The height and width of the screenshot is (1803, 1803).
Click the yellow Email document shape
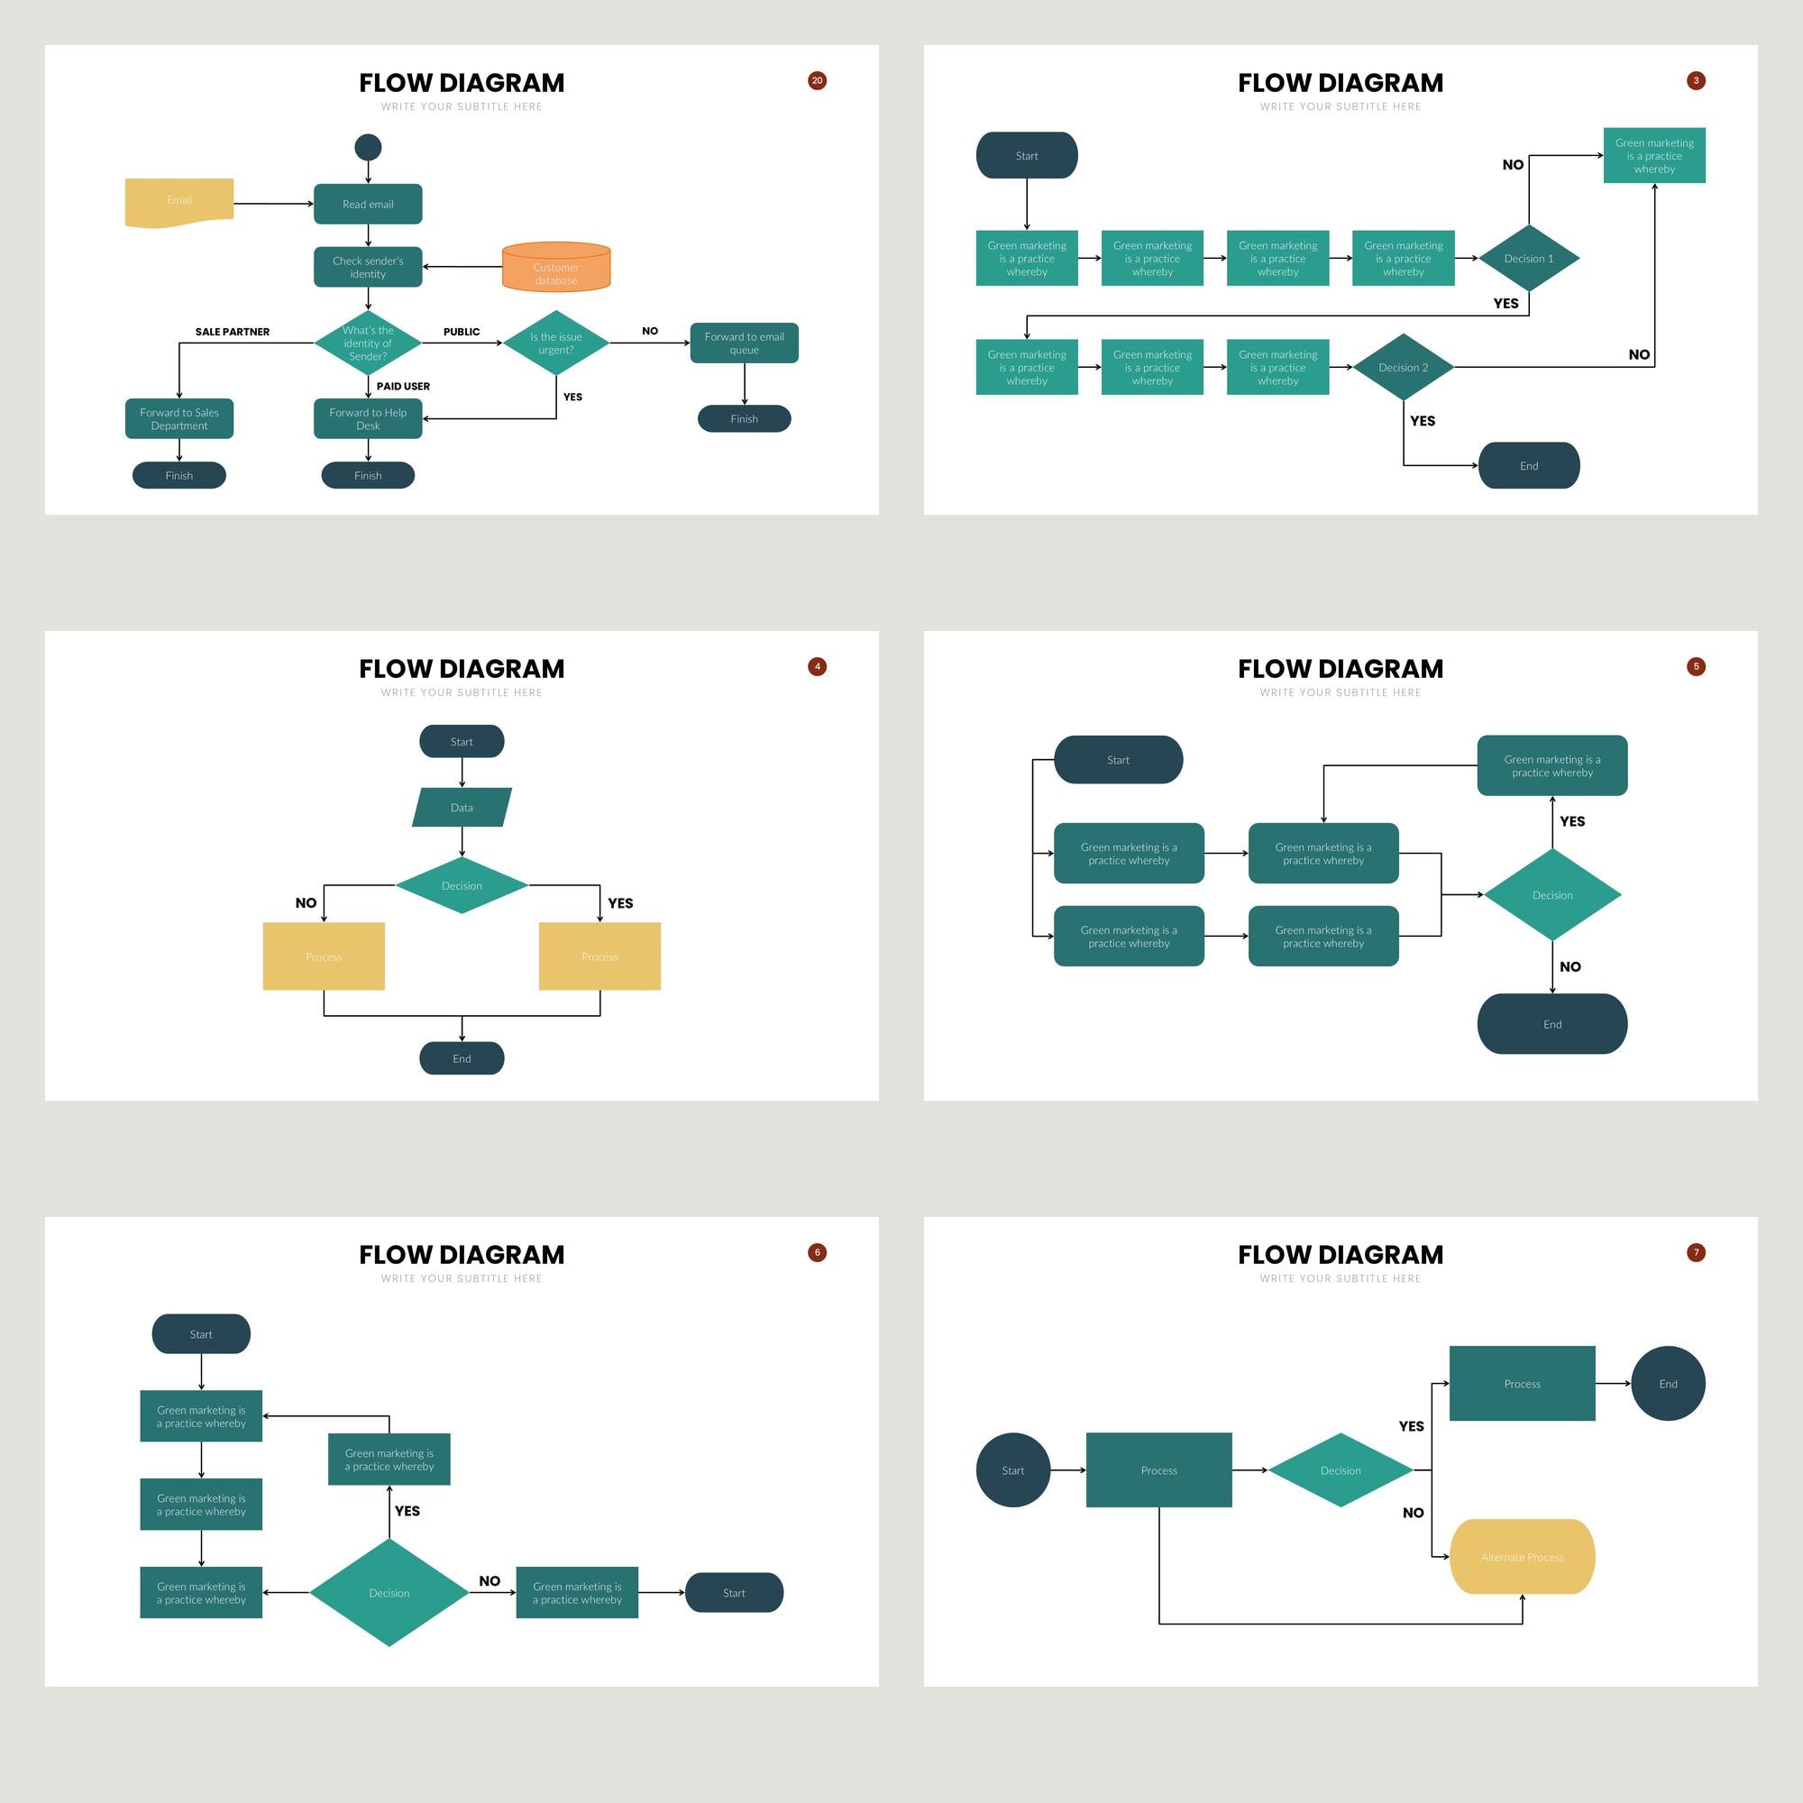(x=179, y=202)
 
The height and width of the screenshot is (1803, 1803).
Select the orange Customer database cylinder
(x=556, y=268)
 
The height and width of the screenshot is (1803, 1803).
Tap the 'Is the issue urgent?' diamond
(x=556, y=343)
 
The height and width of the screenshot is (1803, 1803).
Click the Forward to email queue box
(x=744, y=343)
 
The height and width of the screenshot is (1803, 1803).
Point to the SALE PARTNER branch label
(x=233, y=331)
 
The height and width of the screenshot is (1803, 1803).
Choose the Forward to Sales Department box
(x=179, y=419)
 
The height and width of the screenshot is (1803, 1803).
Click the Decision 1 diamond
(x=1529, y=259)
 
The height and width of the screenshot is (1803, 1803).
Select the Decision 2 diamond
(x=1403, y=368)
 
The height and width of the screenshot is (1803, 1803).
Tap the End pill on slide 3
(x=1529, y=466)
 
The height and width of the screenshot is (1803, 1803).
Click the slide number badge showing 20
(x=817, y=80)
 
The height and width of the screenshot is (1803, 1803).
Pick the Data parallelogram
(x=462, y=807)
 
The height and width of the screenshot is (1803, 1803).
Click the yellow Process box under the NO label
(x=324, y=956)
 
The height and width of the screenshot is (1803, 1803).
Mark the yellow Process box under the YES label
(x=600, y=956)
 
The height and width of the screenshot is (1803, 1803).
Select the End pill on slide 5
(x=1552, y=1024)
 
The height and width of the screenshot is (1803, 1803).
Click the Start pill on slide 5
(x=1118, y=760)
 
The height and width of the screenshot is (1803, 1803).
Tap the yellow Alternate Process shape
(x=1522, y=1557)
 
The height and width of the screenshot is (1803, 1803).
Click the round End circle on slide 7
(x=1668, y=1383)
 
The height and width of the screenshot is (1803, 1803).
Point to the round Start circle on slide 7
(x=1012, y=1469)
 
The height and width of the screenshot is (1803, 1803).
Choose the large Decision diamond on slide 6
(x=389, y=1592)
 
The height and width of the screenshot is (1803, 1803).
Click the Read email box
(x=368, y=205)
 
